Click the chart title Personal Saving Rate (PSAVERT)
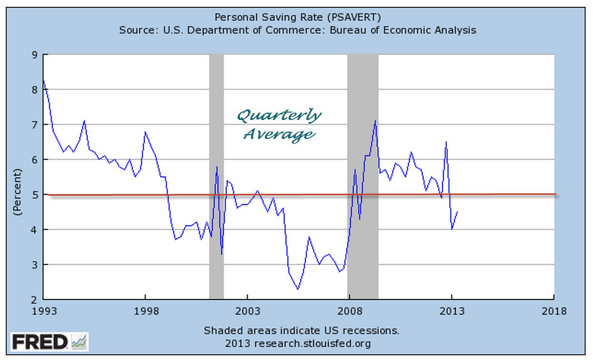298,17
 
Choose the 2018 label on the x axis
554,311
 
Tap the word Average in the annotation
279,134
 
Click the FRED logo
50,342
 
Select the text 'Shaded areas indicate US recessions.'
301,331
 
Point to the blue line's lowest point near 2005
298,289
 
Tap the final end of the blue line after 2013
457,212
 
